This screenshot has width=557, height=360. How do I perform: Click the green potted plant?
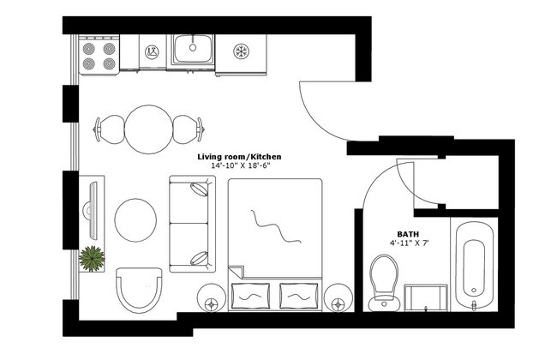click(92, 259)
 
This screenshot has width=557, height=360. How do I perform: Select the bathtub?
click(474, 265)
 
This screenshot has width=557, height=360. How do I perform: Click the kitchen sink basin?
click(193, 49)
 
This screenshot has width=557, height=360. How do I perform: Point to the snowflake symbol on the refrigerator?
click(241, 51)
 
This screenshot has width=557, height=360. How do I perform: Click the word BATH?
click(408, 234)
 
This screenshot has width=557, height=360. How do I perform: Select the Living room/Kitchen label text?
click(239, 157)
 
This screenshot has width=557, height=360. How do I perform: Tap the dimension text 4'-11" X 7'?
click(408, 243)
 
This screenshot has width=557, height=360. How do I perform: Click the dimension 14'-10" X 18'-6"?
click(240, 165)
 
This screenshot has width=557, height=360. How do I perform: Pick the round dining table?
click(149, 129)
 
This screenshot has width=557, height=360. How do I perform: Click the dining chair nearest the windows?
click(109, 129)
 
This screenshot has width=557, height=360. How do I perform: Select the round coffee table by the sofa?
click(135, 220)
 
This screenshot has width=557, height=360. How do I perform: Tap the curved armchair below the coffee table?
click(139, 290)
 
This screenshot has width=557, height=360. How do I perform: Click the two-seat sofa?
click(193, 224)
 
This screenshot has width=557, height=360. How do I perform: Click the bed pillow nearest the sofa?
click(250, 296)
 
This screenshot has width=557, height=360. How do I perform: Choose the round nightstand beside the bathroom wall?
click(338, 297)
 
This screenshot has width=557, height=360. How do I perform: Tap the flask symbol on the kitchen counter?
click(152, 52)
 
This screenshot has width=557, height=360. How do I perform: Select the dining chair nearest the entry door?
click(189, 129)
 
